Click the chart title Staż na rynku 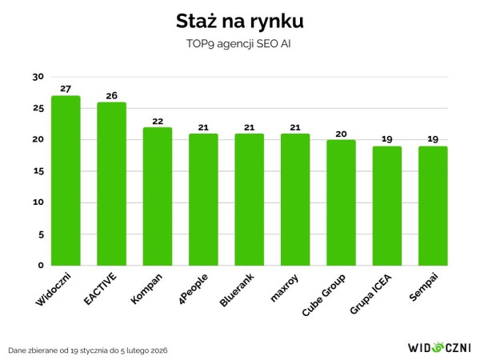240,18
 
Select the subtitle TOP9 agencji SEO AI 240,45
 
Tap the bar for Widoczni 66,181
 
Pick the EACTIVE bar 111,184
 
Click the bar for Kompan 158,197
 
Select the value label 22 158,121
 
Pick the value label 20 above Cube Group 341,134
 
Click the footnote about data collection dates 89,350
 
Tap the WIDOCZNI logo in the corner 439,347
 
